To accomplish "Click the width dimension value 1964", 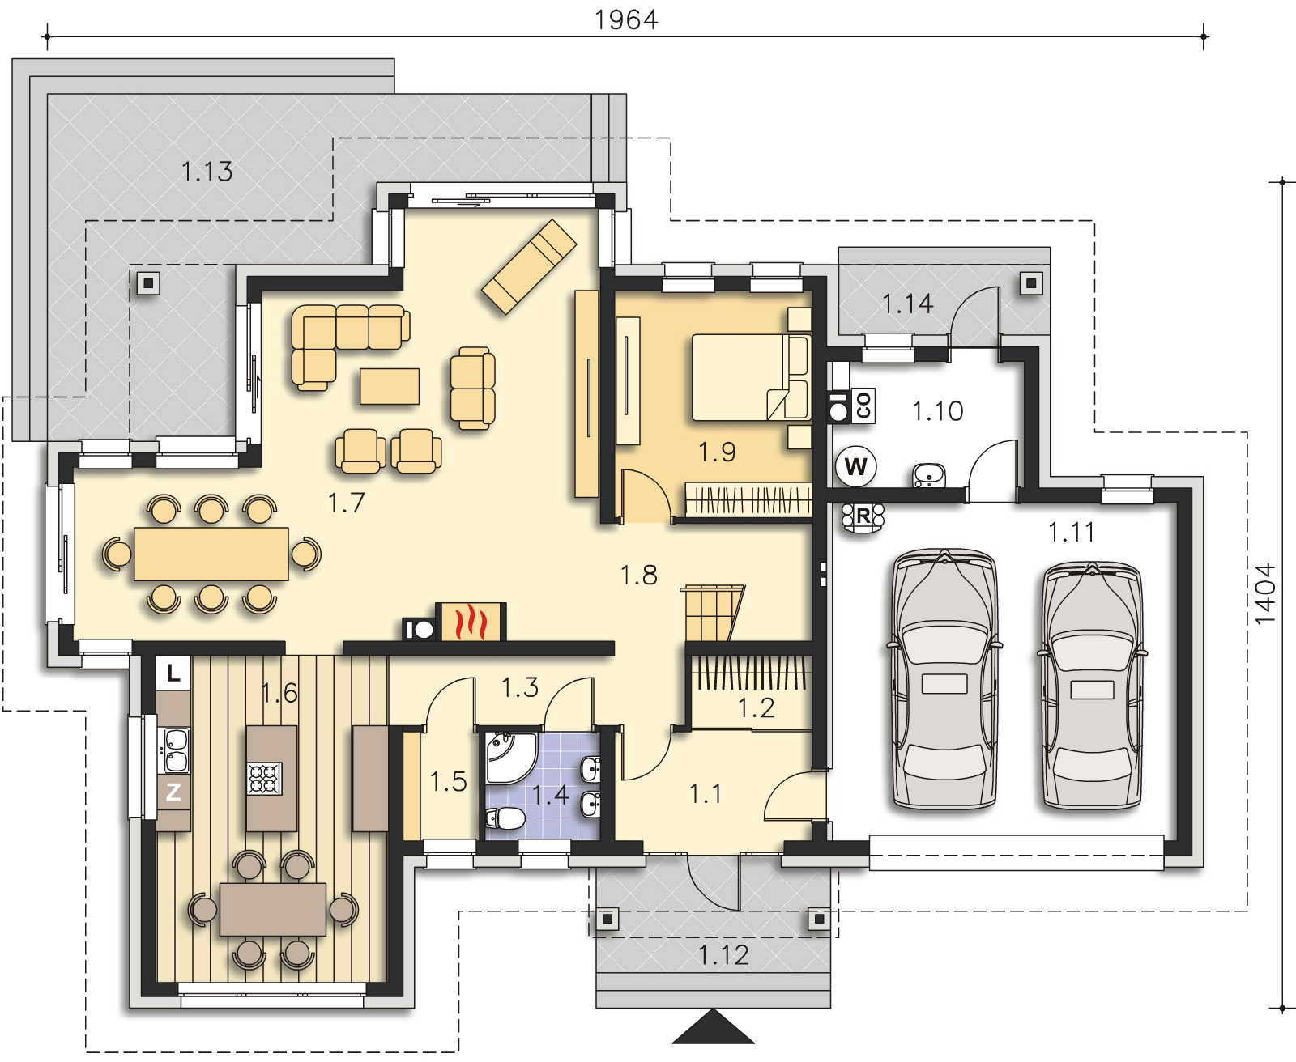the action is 625,19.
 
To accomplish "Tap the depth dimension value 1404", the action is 1265,594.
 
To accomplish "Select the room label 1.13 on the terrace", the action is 207,172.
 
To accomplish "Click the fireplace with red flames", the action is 471,622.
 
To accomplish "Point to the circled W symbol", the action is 855,466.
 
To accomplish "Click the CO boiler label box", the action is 863,406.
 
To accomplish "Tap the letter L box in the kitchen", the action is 173,673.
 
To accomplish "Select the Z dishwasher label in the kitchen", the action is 173,792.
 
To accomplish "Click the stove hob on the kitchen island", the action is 264,778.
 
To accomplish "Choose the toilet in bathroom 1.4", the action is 505,818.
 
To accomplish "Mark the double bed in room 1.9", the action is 751,377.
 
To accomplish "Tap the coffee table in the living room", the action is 390,386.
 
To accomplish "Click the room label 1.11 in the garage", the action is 1072,532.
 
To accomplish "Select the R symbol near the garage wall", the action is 863,516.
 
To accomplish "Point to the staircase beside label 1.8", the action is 712,613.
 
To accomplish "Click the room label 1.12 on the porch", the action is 723,955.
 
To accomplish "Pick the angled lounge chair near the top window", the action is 529,266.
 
